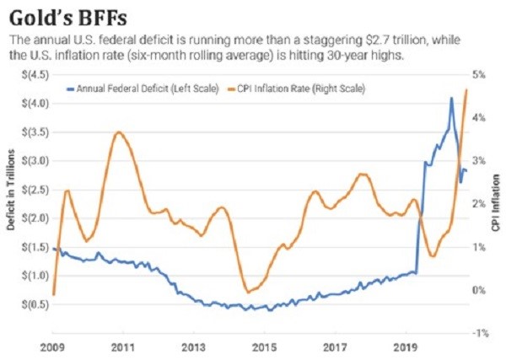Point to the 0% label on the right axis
click(477, 290)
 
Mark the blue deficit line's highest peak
click(452, 98)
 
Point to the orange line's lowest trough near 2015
click(247, 293)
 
